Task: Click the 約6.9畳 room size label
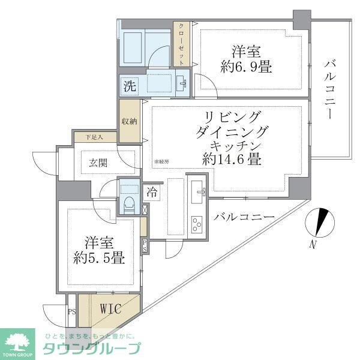tap(246, 67)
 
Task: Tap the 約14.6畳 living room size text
tap(231, 160)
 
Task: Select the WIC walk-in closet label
tap(110, 310)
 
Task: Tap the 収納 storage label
tap(128, 121)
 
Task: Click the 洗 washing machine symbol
tap(130, 86)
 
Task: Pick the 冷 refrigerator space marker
tap(152, 193)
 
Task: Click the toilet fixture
tap(128, 200)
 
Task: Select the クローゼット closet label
tap(180, 43)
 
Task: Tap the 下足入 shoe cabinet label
tap(94, 137)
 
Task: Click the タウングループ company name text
tap(89, 349)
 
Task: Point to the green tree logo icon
tap(19, 340)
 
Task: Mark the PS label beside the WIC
tap(71, 312)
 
